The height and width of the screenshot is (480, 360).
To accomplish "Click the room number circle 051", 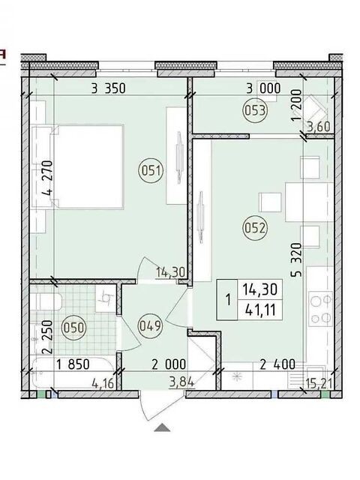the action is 151,170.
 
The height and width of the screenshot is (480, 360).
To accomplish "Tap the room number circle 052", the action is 254,228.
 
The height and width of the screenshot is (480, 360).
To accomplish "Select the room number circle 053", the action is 255,110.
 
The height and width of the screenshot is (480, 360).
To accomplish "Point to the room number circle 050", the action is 73,328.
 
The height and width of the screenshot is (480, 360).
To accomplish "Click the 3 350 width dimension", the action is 108,88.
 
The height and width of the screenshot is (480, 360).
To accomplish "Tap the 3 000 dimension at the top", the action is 263,88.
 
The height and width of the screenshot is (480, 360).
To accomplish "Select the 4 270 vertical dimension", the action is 49,179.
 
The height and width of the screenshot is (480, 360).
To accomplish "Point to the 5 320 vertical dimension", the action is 296,259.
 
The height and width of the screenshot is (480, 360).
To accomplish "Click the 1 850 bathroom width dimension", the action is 73,364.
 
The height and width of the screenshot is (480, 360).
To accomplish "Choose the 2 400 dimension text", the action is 277,364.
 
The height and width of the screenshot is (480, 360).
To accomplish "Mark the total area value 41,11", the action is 260,310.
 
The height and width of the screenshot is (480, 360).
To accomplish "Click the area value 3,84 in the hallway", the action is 182,382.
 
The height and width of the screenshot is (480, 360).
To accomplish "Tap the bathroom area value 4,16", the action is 103,383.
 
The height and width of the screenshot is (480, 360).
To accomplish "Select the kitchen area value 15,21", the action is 319,382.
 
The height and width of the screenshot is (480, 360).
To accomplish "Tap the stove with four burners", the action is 321,308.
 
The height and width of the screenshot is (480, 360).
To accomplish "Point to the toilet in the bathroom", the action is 46,302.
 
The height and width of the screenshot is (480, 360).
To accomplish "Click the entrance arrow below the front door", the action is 162,427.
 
